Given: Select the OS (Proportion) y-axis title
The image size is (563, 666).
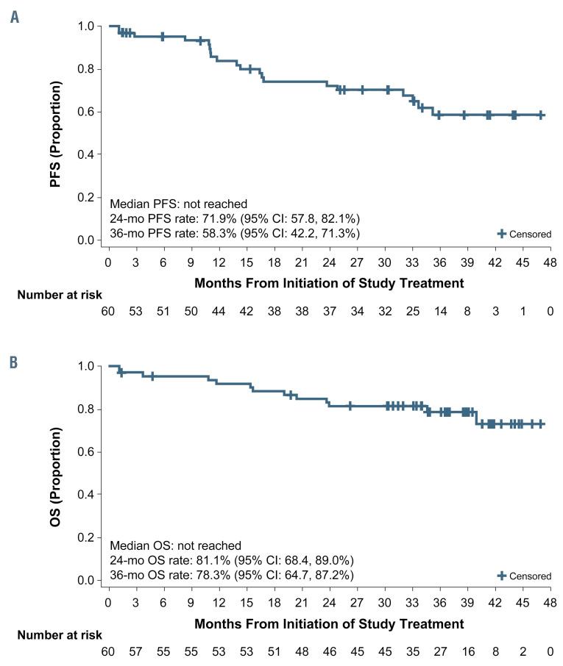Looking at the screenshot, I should pos(56,473).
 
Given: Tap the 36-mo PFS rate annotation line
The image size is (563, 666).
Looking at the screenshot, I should pos(234,233).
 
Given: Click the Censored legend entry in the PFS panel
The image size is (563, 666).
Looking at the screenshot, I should pos(524,234).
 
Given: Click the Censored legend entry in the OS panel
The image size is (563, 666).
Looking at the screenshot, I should pos(524,576).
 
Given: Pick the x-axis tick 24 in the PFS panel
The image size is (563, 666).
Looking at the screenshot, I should pos(330,263).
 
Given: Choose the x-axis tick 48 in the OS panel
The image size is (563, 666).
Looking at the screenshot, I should pos(550,604).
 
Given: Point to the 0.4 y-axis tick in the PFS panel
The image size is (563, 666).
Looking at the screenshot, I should pos(86,154).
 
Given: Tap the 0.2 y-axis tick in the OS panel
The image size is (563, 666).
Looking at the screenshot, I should pos(86,537).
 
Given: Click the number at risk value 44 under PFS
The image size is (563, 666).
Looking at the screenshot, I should pos(219,312).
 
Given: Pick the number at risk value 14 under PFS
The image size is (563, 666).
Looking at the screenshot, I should pos(439,312).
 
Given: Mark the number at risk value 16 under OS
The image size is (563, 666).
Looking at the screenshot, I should pos(467,652).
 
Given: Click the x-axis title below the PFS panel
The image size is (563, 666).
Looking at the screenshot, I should pos(329,283).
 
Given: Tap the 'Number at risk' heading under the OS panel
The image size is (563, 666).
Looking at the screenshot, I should pos(60,635).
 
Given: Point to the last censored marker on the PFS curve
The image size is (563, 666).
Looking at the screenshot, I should pos(541,115).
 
